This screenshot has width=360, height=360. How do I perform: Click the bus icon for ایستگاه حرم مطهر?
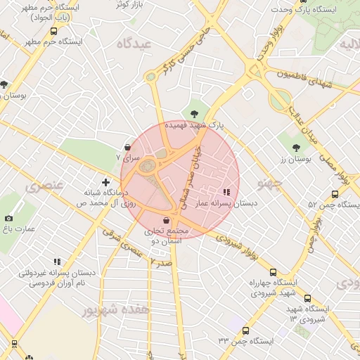[x=55, y=31]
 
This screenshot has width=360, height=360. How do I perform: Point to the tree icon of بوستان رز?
[x=296, y=148]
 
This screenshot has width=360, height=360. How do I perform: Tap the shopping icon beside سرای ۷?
[x=127, y=148]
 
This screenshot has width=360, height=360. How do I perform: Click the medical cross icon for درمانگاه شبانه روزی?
[x=105, y=182]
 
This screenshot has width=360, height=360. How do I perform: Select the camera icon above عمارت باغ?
[x=8, y=218]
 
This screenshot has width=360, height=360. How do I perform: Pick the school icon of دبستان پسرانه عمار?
[x=226, y=191]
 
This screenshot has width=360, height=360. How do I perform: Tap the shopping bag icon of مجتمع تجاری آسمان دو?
[x=166, y=221]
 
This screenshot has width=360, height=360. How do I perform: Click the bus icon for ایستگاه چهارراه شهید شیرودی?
[x=273, y=272]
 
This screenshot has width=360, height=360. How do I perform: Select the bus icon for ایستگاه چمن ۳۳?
[x=245, y=330]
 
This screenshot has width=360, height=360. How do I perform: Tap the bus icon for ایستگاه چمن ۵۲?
[x=334, y=194]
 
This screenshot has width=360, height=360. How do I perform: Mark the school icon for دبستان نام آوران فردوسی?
[x=57, y=262]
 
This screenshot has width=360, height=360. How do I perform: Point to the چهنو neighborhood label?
[x=269, y=184]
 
